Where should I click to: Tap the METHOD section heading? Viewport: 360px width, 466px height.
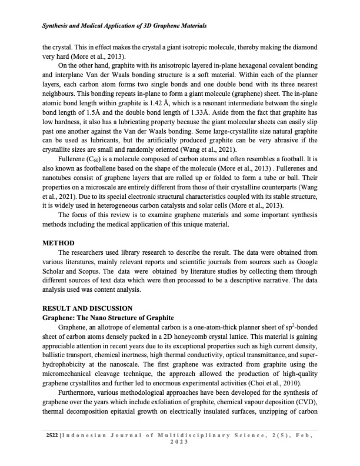(58, 242)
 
